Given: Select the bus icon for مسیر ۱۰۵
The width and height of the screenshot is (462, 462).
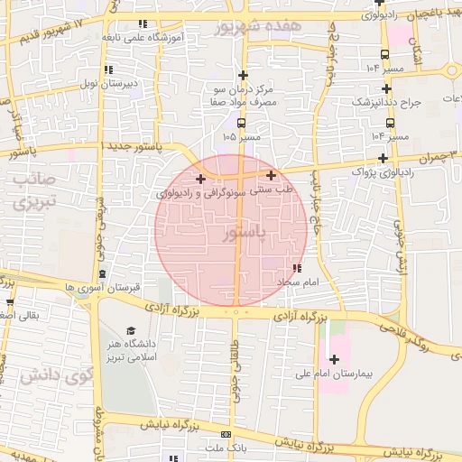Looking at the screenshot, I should pos(241,123).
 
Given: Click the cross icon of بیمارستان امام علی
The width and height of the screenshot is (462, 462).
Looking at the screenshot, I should pos(334,359).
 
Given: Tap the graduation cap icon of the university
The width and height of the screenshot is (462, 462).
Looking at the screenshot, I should pos(130,331).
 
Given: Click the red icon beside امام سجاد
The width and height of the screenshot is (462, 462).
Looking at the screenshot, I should pos(297,268).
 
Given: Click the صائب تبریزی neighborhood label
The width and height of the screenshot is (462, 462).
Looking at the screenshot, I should pos(35,189).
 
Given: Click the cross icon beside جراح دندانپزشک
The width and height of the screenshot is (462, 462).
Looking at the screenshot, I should pos(387,88).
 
